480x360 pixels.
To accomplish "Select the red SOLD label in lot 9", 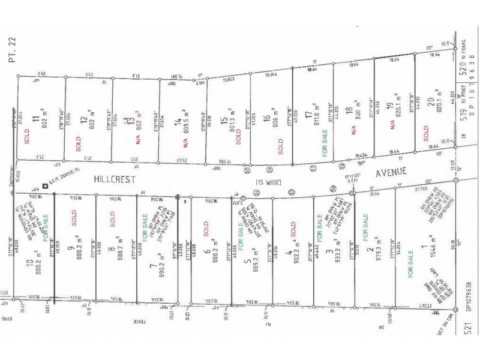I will [75, 220].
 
